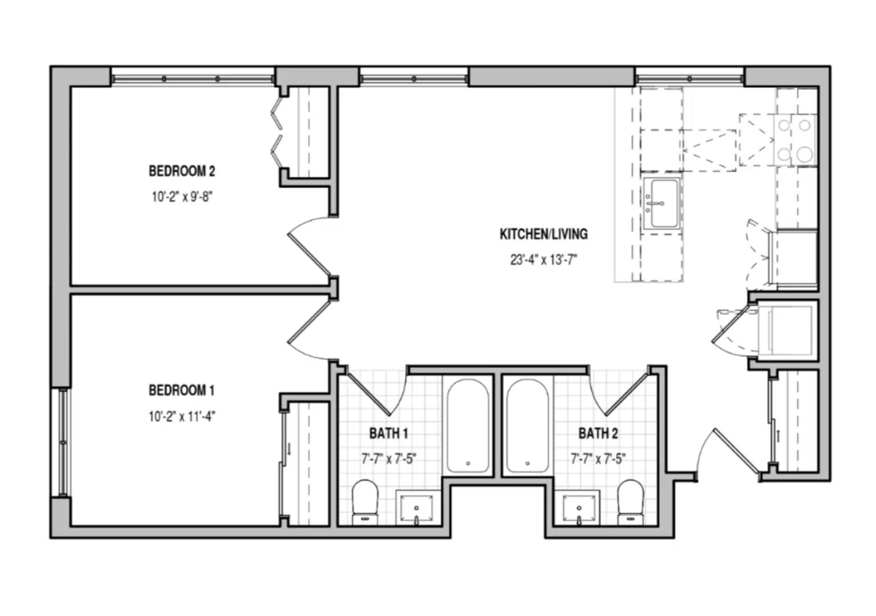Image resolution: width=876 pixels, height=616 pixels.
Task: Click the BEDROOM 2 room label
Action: point(182,171)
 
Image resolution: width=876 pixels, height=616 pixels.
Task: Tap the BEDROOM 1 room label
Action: point(182,390)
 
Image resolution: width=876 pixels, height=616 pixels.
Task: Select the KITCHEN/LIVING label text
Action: point(544,234)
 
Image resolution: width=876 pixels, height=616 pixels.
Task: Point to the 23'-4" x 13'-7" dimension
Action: point(544,260)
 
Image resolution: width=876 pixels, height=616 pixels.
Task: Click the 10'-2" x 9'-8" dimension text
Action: point(182,197)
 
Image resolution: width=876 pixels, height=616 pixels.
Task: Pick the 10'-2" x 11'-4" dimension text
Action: point(182,416)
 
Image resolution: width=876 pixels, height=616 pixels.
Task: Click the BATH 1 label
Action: point(389,433)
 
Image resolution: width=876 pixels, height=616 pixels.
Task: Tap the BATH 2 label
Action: point(598,433)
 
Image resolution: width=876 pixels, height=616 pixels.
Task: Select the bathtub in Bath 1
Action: point(468,425)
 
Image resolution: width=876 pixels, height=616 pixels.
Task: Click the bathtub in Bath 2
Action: point(528,425)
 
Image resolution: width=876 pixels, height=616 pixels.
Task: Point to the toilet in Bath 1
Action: point(365,502)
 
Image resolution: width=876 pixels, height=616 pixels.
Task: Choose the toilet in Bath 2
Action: point(630,502)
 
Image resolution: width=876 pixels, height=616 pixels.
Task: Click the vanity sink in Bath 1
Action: point(416,507)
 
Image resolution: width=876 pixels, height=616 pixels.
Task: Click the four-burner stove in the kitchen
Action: point(794,140)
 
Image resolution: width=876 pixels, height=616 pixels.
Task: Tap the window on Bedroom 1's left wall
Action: point(63,443)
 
